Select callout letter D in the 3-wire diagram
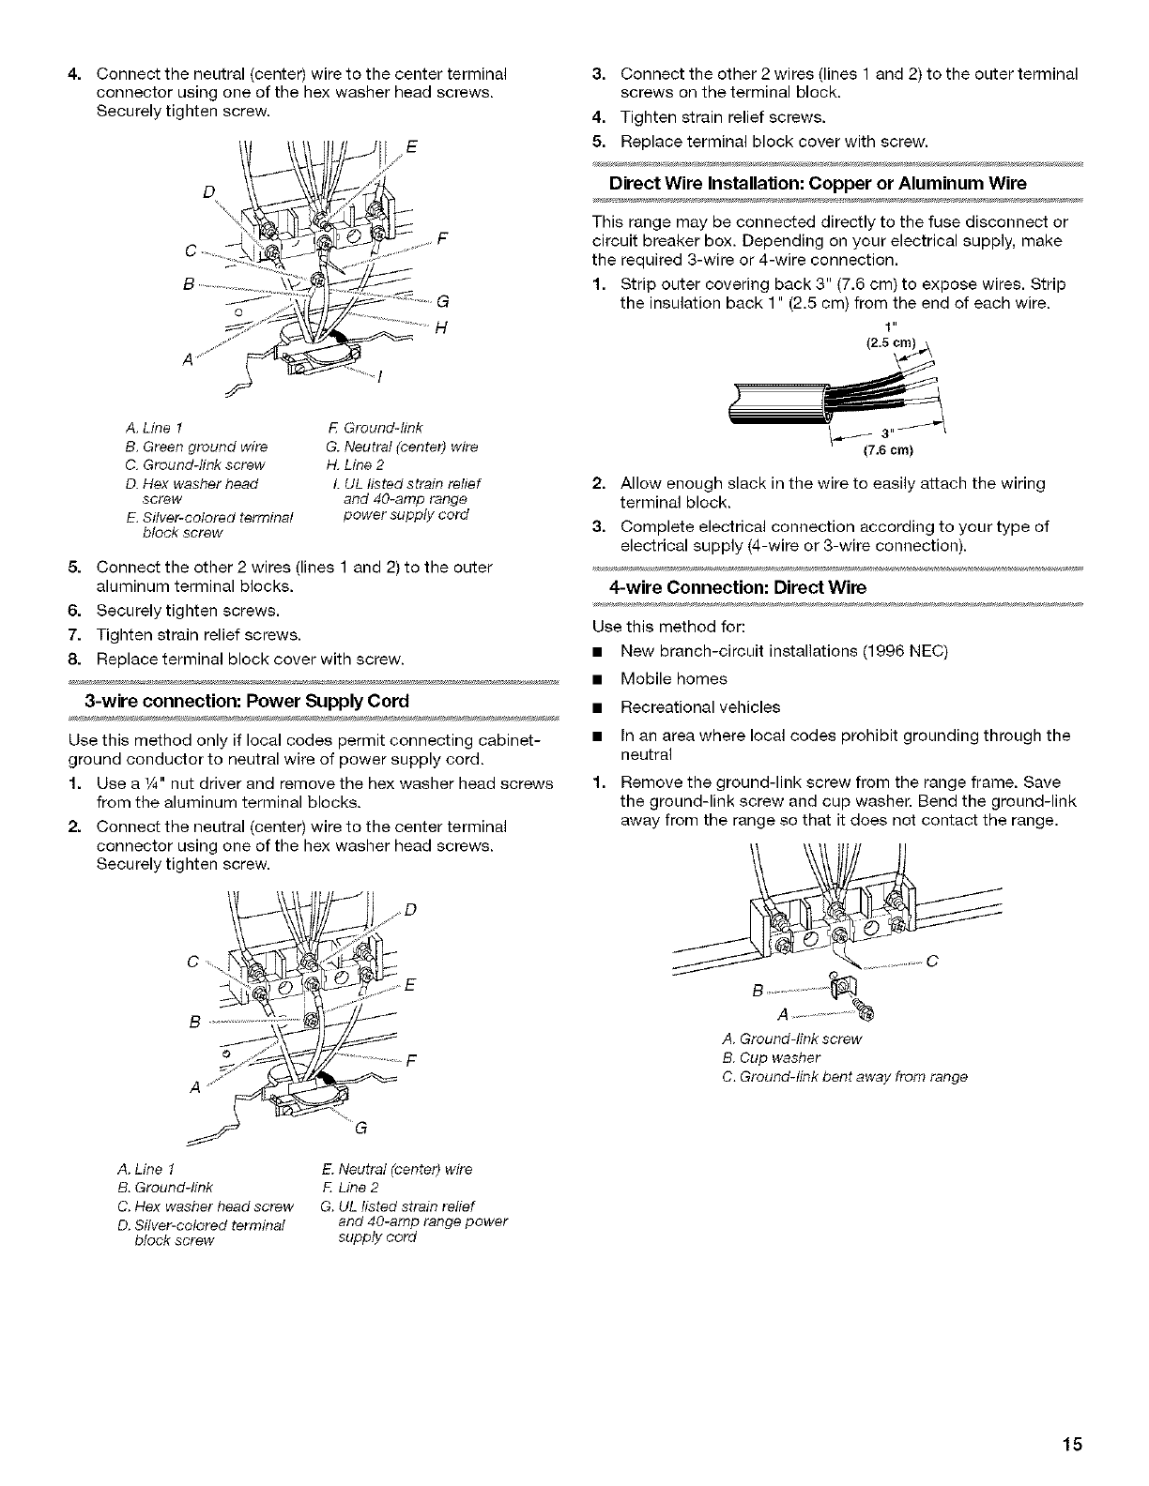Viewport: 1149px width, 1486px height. [411, 908]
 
